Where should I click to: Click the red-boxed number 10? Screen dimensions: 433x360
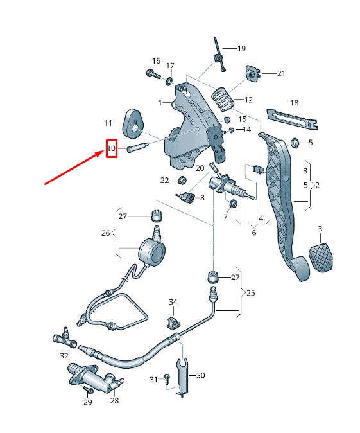click(x=112, y=149)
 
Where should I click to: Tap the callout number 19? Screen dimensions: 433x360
click(x=241, y=49)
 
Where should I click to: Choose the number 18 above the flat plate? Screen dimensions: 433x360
click(x=294, y=103)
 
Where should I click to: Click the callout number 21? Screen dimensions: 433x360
click(x=281, y=73)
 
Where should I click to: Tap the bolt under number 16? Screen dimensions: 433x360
click(x=154, y=74)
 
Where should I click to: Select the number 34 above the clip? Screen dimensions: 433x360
click(x=173, y=301)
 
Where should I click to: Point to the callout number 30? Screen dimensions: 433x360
click(x=200, y=375)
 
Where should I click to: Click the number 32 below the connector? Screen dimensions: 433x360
click(x=64, y=355)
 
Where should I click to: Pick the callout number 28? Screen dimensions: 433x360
click(x=114, y=401)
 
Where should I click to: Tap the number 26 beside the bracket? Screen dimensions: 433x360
click(x=106, y=233)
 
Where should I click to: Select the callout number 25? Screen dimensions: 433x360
click(x=251, y=293)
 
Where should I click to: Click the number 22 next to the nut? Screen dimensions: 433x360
click(x=165, y=180)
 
